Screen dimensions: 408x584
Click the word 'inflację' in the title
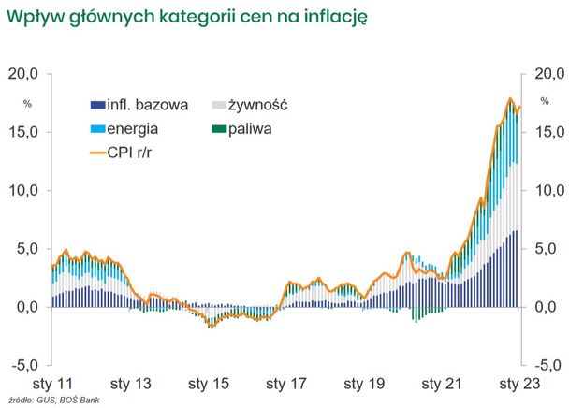(335, 15)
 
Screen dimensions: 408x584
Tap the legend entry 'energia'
(133, 128)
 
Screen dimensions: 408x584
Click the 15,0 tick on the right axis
(549, 132)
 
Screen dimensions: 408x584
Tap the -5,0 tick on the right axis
(549, 364)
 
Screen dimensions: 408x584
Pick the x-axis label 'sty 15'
(208, 384)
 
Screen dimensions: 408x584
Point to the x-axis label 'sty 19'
(363, 384)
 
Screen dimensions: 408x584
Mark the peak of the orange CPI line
(510, 98)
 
